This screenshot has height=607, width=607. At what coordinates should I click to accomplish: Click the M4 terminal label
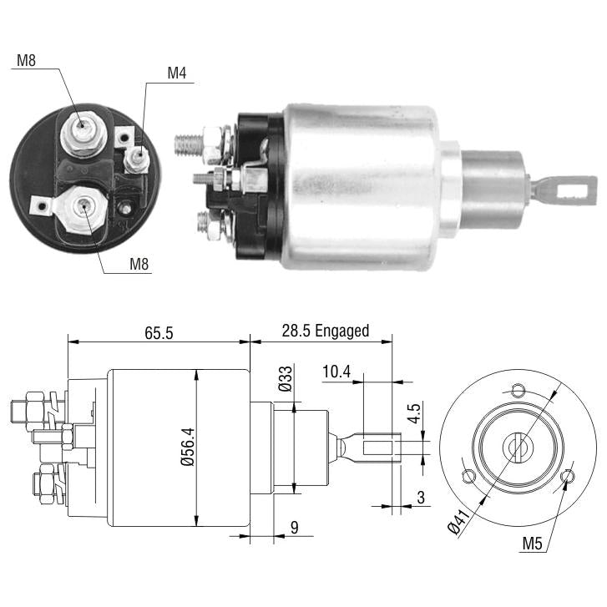point(176,73)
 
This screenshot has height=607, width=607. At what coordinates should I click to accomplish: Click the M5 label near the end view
point(533,544)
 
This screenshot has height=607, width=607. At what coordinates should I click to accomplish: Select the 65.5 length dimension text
point(159,333)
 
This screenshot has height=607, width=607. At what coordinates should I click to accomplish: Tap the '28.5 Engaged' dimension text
point(325,331)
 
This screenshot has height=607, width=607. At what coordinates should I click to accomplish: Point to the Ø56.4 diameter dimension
point(189,447)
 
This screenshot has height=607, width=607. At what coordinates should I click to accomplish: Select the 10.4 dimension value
point(336,372)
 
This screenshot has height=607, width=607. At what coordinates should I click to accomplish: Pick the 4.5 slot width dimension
point(414,413)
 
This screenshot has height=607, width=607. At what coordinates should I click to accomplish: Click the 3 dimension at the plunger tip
point(421,498)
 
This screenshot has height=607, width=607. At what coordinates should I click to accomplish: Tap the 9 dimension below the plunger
point(295,527)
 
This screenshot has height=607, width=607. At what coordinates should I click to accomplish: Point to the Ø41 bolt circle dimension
point(458,522)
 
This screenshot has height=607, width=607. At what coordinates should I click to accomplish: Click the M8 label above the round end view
point(27,60)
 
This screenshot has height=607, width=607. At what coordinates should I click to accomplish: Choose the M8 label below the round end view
point(139,264)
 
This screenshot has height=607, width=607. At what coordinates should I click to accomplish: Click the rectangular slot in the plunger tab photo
point(572,191)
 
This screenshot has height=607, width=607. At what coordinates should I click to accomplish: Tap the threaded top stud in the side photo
point(189,144)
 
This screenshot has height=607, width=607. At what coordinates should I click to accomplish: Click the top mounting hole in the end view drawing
point(518,390)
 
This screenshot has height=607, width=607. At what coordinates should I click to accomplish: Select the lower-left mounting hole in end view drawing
point(468,476)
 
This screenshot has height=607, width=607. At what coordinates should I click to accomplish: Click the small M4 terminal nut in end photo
point(136,159)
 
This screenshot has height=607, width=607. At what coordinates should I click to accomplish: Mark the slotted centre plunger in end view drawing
point(518,448)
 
